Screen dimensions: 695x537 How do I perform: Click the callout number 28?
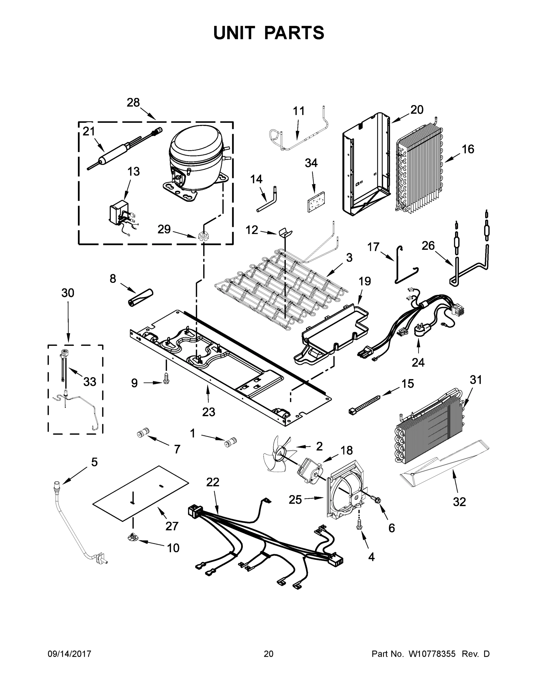[x=133, y=103]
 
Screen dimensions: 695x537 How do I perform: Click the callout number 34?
[x=311, y=163]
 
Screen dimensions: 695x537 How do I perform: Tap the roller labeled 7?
[x=142, y=434]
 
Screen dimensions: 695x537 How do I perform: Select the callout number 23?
[x=208, y=412]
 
